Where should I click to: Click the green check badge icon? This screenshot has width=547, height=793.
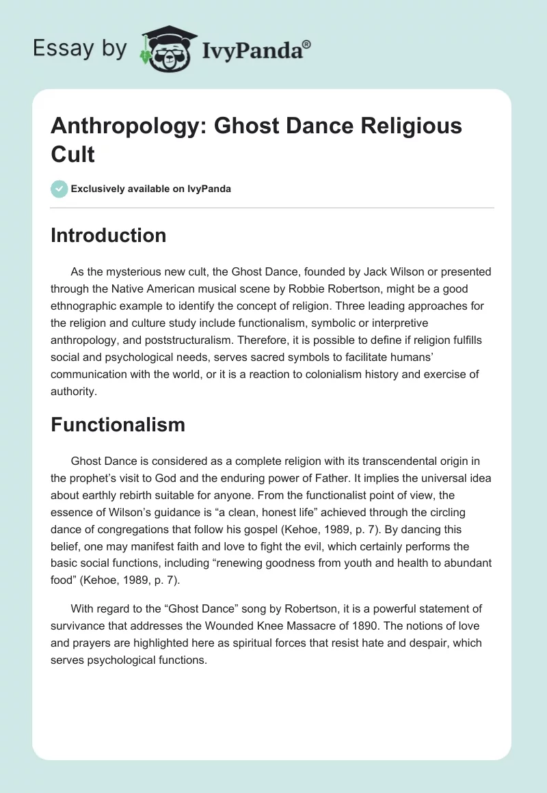(x=59, y=189)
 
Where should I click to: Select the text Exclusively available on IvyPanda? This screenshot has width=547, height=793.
(x=150, y=189)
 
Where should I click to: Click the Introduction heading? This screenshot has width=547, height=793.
(x=109, y=235)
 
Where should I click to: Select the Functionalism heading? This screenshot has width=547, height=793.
(x=118, y=425)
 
